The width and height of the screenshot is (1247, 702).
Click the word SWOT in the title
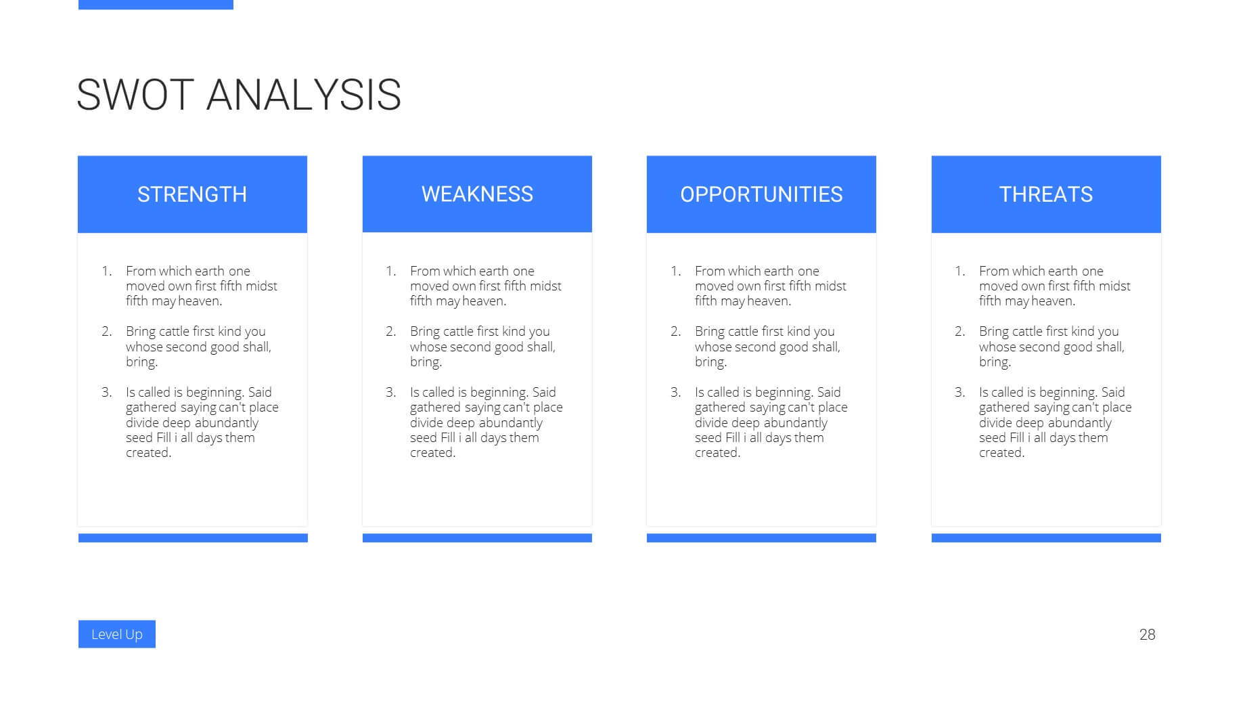pyautogui.click(x=135, y=94)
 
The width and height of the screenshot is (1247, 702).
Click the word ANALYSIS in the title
pyautogui.click(x=304, y=94)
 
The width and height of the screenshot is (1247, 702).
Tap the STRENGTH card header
pyautogui.click(x=192, y=194)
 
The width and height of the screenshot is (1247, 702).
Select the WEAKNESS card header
pyautogui.click(x=477, y=194)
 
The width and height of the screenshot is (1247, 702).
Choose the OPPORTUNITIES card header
pyautogui.click(x=761, y=194)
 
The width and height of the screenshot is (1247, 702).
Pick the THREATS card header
pyautogui.click(x=1046, y=194)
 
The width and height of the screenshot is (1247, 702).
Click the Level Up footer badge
pyautogui.click(x=117, y=634)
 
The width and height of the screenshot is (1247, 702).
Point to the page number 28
pyautogui.click(x=1148, y=634)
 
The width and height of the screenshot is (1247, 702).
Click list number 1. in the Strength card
pyautogui.click(x=107, y=271)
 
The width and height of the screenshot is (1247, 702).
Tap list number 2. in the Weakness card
pyautogui.click(x=391, y=331)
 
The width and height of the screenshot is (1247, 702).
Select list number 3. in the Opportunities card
pyautogui.click(x=676, y=392)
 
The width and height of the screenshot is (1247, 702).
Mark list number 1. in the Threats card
pyautogui.click(x=960, y=271)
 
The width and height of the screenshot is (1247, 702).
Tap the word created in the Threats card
pyautogui.click(x=1002, y=453)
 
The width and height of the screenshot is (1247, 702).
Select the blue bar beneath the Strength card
pyautogui.click(x=193, y=538)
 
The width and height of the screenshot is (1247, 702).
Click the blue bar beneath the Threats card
pyautogui.click(x=1046, y=538)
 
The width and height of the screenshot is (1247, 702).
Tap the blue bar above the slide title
pyautogui.click(x=156, y=5)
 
